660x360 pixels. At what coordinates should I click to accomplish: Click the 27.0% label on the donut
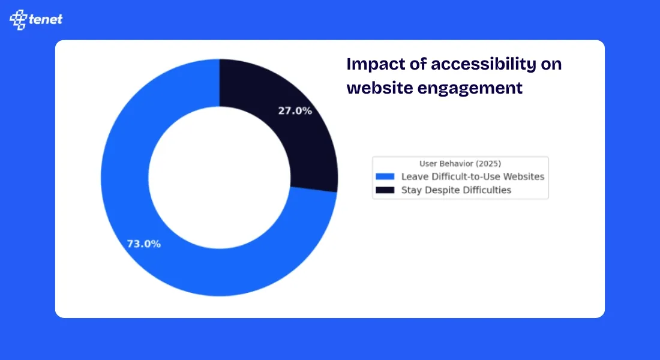(x=295, y=111)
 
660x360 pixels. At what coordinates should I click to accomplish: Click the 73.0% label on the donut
(x=143, y=244)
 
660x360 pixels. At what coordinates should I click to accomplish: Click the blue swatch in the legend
(x=385, y=176)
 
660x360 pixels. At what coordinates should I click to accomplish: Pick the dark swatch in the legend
(x=385, y=190)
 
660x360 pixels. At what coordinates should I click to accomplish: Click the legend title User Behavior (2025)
(x=460, y=163)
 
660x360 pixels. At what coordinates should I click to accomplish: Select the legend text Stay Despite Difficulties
(x=456, y=190)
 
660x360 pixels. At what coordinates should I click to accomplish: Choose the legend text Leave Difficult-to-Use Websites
(x=472, y=176)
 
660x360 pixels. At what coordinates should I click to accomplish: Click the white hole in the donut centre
(x=220, y=177)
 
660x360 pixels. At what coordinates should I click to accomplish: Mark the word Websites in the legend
(x=523, y=176)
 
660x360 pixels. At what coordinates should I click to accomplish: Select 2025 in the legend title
(x=489, y=163)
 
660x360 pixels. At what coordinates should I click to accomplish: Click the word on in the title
(x=551, y=65)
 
